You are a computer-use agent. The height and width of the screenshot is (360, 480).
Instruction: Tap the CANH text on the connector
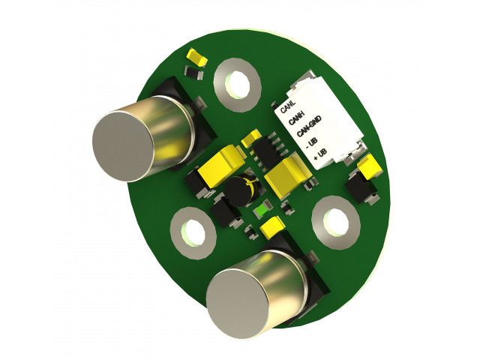coord(296,118)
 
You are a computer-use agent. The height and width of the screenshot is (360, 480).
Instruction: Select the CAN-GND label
coord(309,126)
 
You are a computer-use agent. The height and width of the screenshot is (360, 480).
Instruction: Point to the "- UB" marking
coord(312,143)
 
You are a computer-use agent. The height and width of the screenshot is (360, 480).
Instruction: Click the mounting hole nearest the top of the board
coord(237,85)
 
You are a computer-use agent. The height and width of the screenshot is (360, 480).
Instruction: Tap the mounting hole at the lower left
coord(193,233)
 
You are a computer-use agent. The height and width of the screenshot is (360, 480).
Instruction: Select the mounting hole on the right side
coord(336,222)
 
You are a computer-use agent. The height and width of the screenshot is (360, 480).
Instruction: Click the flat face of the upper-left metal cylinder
coord(123,146)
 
